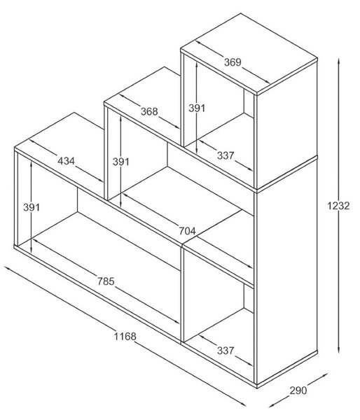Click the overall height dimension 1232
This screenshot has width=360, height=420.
pyautogui.click(x=338, y=206)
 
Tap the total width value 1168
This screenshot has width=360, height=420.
pyautogui.click(x=125, y=336)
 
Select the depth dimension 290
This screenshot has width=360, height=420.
pyautogui.click(x=298, y=391)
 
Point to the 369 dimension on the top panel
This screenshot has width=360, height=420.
pyautogui.click(x=233, y=62)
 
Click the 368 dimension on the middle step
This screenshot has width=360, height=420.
pyautogui.click(x=149, y=111)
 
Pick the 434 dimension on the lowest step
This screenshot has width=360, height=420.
pyautogui.click(x=67, y=161)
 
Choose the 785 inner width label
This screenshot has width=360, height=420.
pyautogui.click(x=106, y=281)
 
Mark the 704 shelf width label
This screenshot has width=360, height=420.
pyautogui.click(x=188, y=231)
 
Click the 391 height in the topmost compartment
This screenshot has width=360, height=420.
pyautogui.click(x=197, y=108)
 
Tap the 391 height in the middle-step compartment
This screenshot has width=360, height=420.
pyautogui.click(x=121, y=162)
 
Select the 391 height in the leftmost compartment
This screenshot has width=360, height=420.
pyautogui.click(x=32, y=207)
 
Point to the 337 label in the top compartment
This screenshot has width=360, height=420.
pyautogui.click(x=226, y=155)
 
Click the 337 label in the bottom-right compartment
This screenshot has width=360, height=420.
pyautogui.click(x=226, y=351)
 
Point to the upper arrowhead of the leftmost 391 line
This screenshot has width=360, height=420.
pyautogui.click(x=32, y=163)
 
